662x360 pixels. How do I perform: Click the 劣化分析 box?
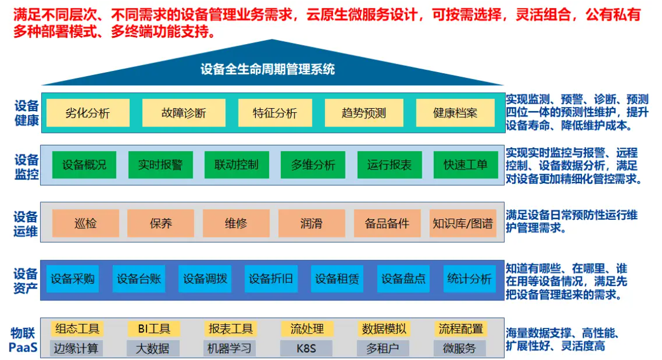click(x=88, y=113)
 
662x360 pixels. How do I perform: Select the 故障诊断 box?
click(x=184, y=113)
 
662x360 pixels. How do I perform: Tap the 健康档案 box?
click(x=455, y=113)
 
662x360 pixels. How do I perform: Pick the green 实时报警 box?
click(x=160, y=165)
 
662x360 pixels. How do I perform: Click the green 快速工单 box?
click(x=466, y=165)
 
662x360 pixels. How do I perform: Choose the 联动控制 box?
click(x=236, y=165)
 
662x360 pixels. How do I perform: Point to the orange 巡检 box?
click(x=85, y=223)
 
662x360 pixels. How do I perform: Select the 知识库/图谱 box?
click(x=463, y=223)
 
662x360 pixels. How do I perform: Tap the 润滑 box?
click(x=312, y=223)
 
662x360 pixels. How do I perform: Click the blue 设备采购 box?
click(x=73, y=279)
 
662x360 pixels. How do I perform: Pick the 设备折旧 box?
click(x=271, y=279)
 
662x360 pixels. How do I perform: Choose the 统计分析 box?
click(x=470, y=279)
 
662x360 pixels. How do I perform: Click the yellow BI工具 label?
click(x=154, y=329)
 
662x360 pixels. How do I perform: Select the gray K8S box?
click(x=306, y=349)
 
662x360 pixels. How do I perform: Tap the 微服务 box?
click(x=459, y=349)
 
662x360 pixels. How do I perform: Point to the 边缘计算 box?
click(x=76, y=349)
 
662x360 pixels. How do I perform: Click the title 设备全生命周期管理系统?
click(x=268, y=69)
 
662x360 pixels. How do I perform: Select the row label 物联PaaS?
click(x=23, y=340)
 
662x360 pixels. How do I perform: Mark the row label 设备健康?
click(x=26, y=113)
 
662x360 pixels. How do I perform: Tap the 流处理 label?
click(x=307, y=329)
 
